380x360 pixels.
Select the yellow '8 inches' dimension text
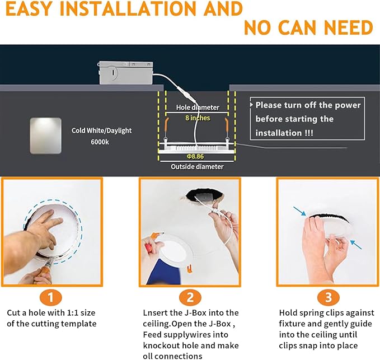point(198,118)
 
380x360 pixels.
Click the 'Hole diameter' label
point(198,107)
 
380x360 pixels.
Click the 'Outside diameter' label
point(198,166)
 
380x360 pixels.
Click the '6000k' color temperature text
point(101,142)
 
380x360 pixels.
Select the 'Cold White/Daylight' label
point(102,130)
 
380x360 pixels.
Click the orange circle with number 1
point(51,297)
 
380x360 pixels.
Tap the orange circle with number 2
point(189,297)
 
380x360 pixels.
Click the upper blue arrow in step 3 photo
point(301,212)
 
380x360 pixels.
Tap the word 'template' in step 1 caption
point(78,324)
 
